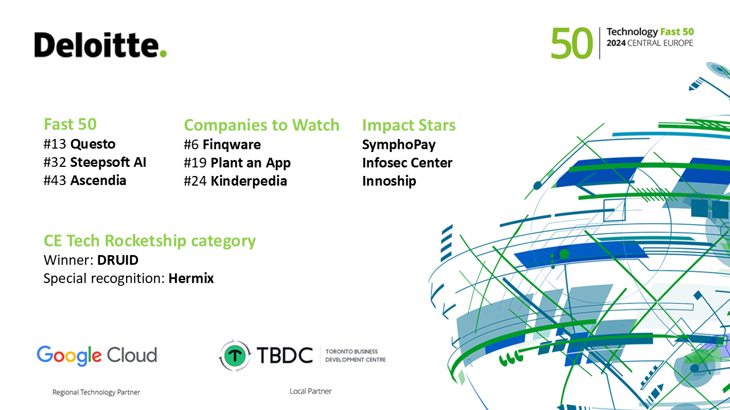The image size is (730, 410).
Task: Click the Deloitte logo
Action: click(x=100, y=45)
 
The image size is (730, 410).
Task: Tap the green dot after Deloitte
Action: click(x=163, y=54)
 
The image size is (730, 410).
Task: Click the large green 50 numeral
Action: click(x=571, y=43)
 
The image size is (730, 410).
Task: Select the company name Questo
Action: click(x=93, y=144)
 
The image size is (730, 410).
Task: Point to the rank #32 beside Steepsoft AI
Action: click(x=55, y=162)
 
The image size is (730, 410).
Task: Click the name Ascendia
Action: click(x=98, y=181)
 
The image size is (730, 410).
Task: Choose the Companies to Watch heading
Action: click(x=262, y=125)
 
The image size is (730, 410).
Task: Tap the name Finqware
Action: click(x=232, y=145)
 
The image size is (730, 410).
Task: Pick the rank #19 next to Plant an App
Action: click(x=195, y=163)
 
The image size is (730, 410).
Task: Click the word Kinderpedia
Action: click(x=249, y=181)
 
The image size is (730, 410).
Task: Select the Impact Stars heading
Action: click(x=409, y=125)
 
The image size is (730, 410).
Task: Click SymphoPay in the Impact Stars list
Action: click(x=399, y=145)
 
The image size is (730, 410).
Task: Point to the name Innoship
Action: click(x=389, y=181)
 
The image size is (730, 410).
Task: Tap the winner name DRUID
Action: click(x=117, y=260)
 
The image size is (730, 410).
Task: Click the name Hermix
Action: click(x=191, y=278)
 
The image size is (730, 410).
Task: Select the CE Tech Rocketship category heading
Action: click(x=150, y=241)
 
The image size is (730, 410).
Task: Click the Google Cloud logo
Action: click(x=97, y=355)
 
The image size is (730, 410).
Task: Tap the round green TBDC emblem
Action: click(x=234, y=356)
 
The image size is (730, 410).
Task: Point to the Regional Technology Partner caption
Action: click(x=96, y=392)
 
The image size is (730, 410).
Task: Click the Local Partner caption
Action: click(x=311, y=391)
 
